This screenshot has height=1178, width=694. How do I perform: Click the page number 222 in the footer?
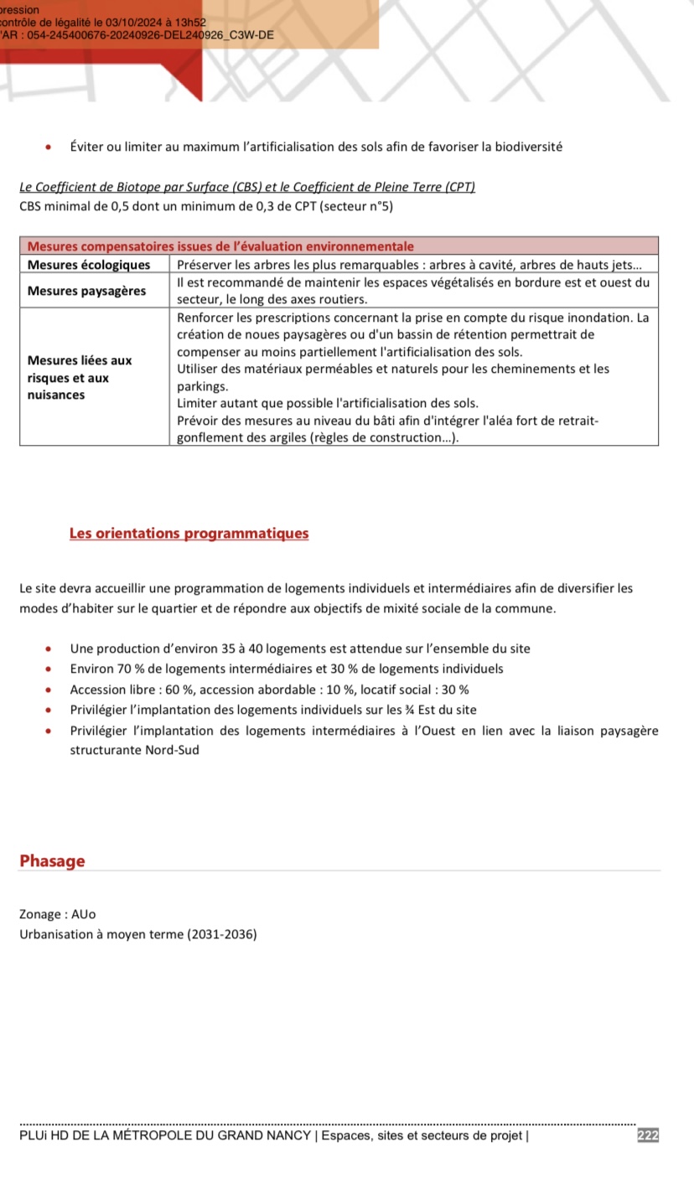648,1135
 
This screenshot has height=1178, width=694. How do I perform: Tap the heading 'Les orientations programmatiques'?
189,533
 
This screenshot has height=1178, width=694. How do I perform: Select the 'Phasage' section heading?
52,860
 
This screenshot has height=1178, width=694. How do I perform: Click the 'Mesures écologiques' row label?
89,265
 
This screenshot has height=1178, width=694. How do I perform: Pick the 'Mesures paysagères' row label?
86,291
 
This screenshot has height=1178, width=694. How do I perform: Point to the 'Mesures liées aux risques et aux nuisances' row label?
80,377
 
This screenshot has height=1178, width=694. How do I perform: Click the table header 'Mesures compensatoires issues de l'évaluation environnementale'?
220,246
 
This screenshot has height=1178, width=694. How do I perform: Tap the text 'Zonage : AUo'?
51,914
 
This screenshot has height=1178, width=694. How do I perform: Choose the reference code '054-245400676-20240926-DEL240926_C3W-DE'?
151,35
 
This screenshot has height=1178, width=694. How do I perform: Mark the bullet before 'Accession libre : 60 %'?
52,690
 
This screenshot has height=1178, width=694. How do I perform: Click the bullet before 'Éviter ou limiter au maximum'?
52,147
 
